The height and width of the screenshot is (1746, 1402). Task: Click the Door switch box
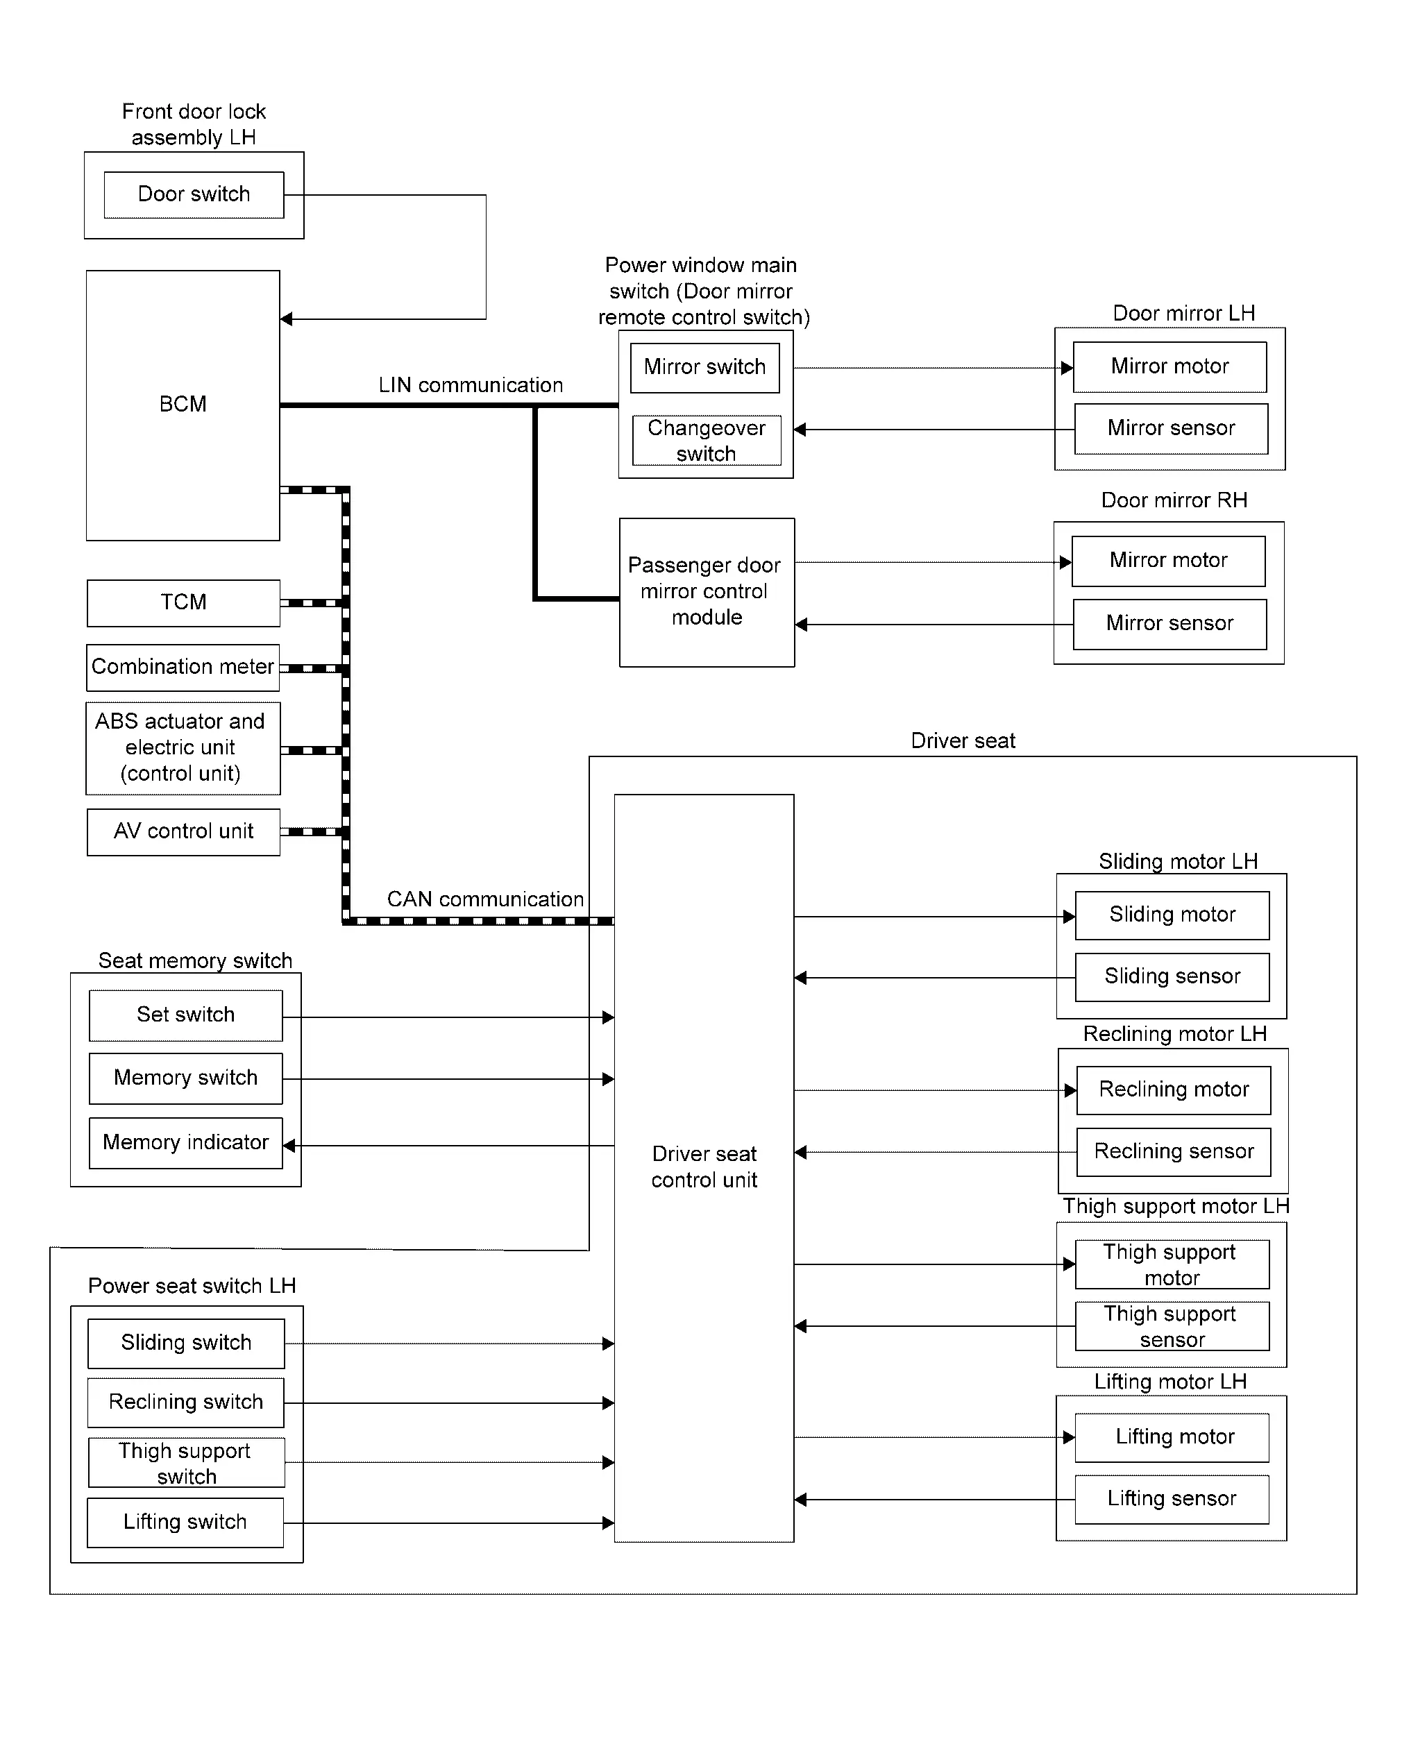pyautogui.click(x=194, y=194)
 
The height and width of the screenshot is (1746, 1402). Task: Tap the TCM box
pyautogui.click(x=183, y=602)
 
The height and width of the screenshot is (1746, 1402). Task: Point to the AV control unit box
pyautogui.click(x=183, y=831)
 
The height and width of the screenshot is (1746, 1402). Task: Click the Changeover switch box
pyautogui.click(x=707, y=441)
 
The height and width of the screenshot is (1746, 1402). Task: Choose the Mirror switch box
pyautogui.click(x=704, y=368)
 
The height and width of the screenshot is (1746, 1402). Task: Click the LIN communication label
pyautogui.click(x=471, y=385)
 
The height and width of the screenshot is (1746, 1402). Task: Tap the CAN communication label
pyautogui.click(x=485, y=899)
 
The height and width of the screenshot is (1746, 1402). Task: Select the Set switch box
pyautogui.click(x=185, y=1015)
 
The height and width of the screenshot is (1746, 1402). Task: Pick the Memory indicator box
pyautogui.click(x=185, y=1143)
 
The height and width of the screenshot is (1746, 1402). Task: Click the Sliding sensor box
pyautogui.click(x=1172, y=976)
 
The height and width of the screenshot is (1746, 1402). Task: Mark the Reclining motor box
pyautogui.click(x=1174, y=1090)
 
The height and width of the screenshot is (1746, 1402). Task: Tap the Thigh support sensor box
pyautogui.click(x=1172, y=1327)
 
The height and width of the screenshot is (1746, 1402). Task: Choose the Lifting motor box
pyautogui.click(x=1172, y=1437)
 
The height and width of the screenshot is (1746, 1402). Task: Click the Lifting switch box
pyautogui.click(x=185, y=1523)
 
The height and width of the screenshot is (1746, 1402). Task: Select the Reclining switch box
pyautogui.click(x=185, y=1402)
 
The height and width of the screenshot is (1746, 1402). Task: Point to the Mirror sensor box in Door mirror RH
pyautogui.click(x=1169, y=624)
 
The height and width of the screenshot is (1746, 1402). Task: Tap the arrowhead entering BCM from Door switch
pyautogui.click(x=286, y=319)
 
